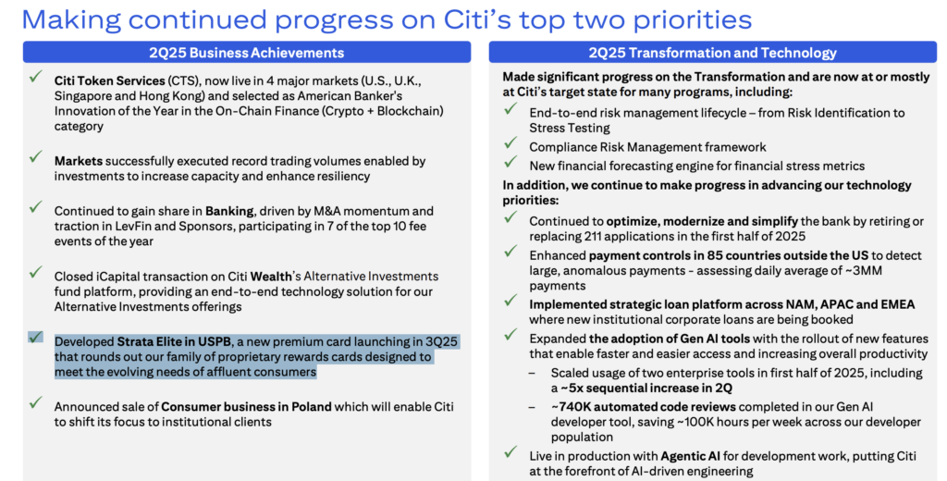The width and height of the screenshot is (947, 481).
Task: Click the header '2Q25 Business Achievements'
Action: click(x=246, y=53)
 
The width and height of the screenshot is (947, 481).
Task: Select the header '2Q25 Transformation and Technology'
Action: click(x=713, y=53)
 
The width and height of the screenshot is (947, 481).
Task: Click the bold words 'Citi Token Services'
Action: click(x=109, y=81)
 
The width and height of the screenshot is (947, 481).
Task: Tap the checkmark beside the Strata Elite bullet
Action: click(x=36, y=337)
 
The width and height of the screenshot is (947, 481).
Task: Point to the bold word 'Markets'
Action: click(x=79, y=161)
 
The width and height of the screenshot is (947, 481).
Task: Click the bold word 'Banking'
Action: click(x=229, y=212)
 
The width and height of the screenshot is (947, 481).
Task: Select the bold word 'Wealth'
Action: click(x=271, y=277)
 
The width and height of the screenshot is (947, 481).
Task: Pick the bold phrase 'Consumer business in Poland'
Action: click(x=246, y=407)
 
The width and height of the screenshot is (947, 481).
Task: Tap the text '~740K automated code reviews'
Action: click(x=644, y=407)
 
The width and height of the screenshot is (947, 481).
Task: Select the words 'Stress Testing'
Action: click(x=570, y=128)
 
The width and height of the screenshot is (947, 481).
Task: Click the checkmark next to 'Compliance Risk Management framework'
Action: click(x=510, y=143)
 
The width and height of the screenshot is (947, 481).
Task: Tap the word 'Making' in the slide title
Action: click(x=72, y=20)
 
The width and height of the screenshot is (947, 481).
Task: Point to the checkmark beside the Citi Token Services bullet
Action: click(x=36, y=77)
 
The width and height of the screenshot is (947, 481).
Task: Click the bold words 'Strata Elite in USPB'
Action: click(x=174, y=342)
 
